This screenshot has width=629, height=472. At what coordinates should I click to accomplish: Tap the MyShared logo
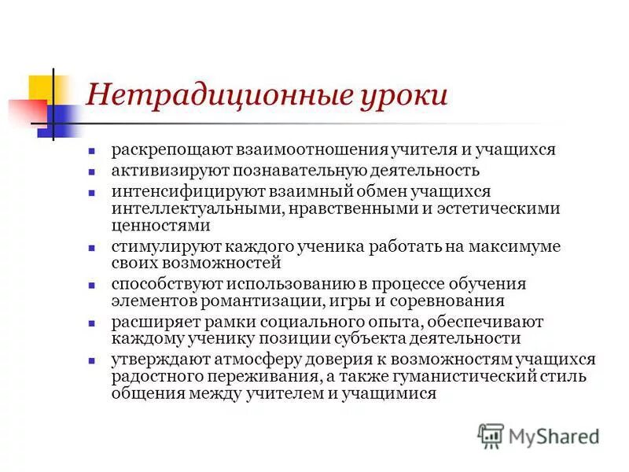539,435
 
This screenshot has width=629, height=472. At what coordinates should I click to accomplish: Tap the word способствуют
162,284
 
